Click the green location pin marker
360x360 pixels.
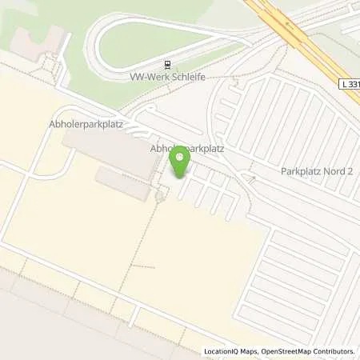click(180, 163)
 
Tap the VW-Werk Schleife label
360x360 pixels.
click(163, 78)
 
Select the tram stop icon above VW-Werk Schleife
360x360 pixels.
click(166, 66)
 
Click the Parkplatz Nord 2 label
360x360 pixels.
click(316, 170)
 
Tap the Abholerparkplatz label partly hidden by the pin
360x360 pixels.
click(186, 148)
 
